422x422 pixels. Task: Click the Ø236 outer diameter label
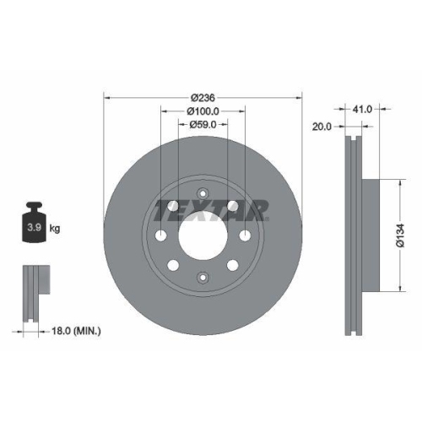coord(203,97)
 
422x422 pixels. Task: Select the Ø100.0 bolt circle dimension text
coord(203,111)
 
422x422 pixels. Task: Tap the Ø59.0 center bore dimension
coord(203,125)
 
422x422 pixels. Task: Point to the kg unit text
coord(55,228)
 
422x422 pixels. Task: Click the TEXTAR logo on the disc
coord(211,208)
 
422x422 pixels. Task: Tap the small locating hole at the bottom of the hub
coord(203,276)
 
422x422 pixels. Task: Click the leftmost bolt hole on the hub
coord(160,234)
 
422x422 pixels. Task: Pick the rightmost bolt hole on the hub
coord(245,234)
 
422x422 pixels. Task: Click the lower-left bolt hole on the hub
coord(173,265)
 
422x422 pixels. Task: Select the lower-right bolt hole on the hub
coord(232,265)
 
